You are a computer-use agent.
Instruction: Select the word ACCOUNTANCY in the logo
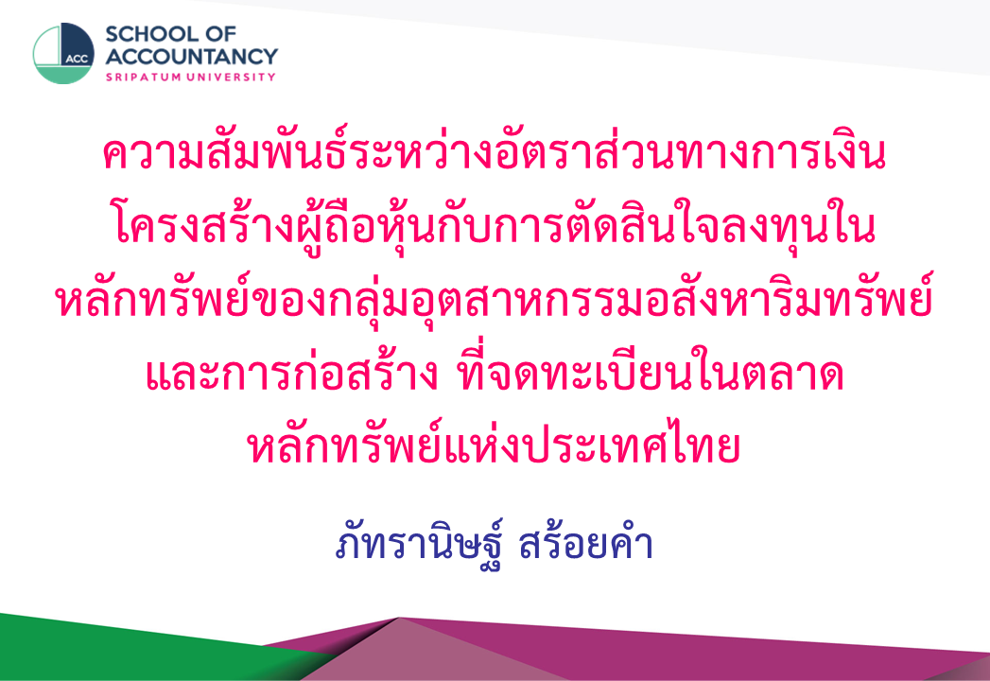tap(191, 56)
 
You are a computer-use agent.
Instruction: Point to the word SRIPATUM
tap(145, 77)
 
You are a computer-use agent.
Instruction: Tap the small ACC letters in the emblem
tap(77, 60)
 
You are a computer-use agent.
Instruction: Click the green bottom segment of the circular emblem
tap(63, 75)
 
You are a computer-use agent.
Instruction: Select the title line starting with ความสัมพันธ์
tap(495, 153)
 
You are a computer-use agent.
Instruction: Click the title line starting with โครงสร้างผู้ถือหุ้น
tap(495, 226)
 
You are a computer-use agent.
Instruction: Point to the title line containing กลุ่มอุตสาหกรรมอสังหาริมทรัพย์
tap(495, 299)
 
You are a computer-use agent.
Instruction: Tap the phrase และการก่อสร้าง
tap(291, 373)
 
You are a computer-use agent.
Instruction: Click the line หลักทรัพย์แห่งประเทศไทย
tap(493, 445)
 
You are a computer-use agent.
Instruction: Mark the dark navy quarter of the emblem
tap(77, 43)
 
